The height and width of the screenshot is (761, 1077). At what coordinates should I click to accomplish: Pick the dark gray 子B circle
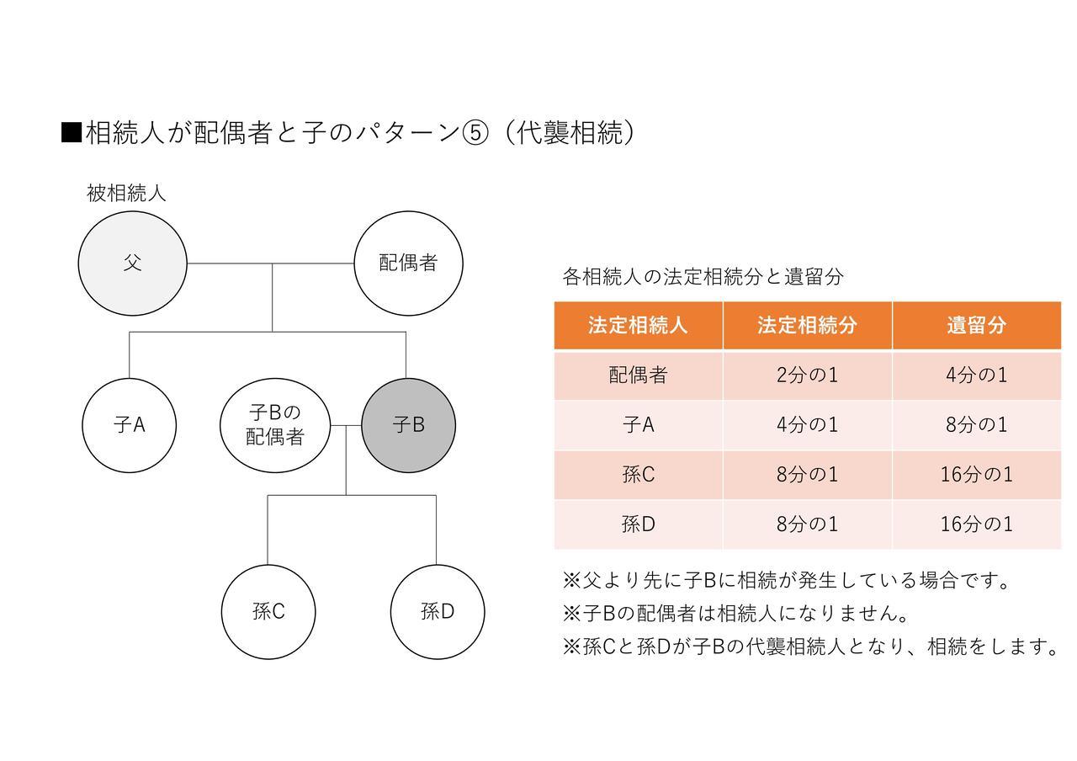pos(408,425)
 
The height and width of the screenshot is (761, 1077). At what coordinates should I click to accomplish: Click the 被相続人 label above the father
pos(126,194)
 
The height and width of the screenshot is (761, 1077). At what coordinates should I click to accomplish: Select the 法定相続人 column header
pos(638,325)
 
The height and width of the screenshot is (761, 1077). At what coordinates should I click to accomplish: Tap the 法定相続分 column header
pos(807,325)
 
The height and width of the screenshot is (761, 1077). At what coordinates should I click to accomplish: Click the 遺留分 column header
pos(977,325)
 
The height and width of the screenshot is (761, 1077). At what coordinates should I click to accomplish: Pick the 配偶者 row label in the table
pos(638,375)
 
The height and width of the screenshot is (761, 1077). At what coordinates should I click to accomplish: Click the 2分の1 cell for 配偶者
pos(807,375)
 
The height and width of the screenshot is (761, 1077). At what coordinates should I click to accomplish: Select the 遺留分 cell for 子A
pos(977,425)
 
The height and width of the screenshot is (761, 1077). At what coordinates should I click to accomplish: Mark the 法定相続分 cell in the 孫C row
pos(807,475)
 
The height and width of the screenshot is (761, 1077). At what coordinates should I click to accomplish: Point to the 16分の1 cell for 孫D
pos(977,524)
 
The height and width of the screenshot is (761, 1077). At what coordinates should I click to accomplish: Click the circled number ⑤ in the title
pos(475,133)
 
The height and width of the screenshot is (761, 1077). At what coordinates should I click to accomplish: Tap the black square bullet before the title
pos(72,133)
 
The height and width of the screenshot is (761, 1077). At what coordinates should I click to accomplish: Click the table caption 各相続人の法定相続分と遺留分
pos(703,277)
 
